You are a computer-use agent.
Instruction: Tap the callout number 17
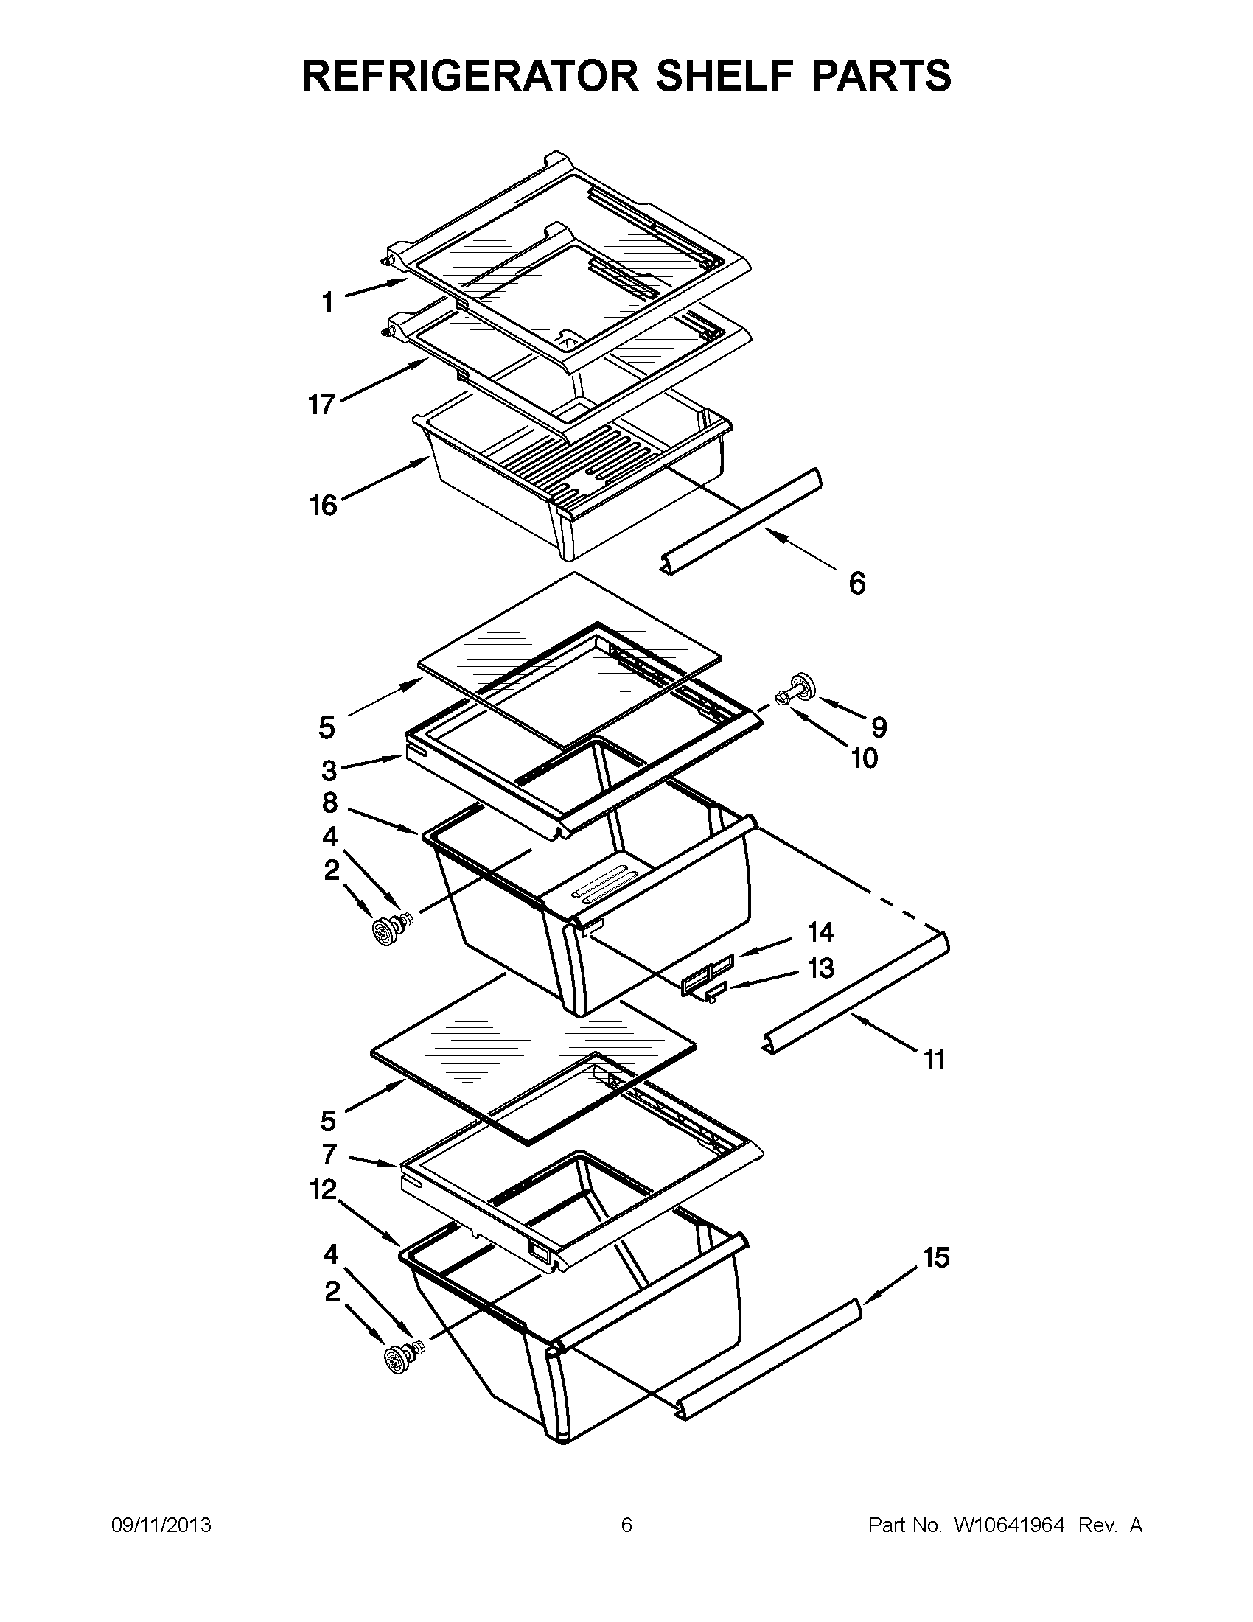pos(322,405)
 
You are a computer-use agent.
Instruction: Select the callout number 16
pos(323,506)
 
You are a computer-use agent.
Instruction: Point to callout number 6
pos(857,584)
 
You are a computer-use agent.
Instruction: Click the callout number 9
pos(879,727)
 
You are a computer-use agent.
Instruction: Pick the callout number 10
pos(865,758)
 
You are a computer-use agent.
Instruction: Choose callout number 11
pos(935,1060)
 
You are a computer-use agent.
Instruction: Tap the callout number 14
pos(821,931)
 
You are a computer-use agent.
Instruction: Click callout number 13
pos(821,968)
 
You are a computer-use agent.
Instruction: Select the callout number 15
pos(937,1257)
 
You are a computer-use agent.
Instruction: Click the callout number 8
pos(329,803)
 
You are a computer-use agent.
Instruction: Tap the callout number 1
pos(327,303)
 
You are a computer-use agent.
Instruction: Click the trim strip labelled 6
pos(743,520)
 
